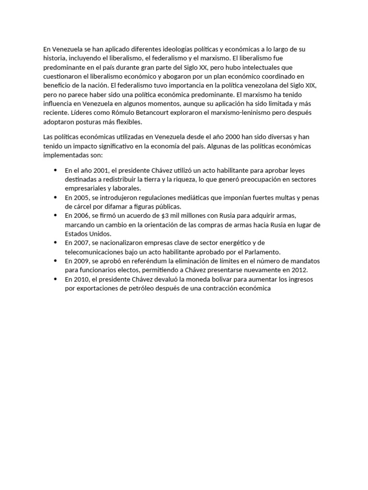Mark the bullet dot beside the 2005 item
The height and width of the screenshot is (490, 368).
point(56,197)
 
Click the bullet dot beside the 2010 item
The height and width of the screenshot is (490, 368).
point(56,279)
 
